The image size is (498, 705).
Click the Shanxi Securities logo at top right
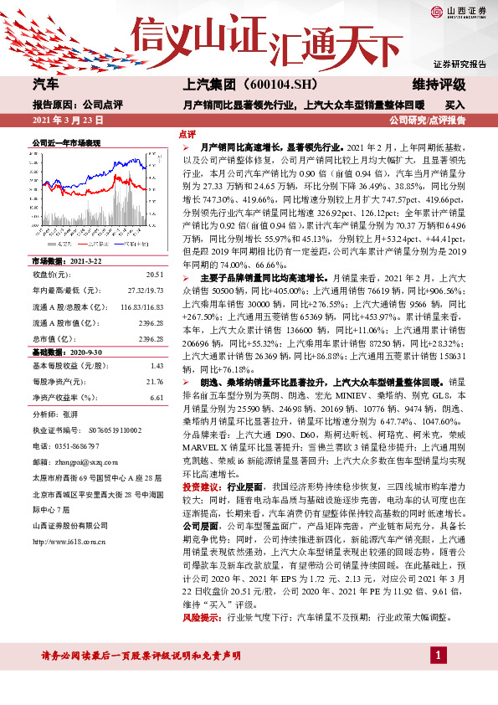click(x=454, y=12)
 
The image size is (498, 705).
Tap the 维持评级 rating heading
click(x=439, y=85)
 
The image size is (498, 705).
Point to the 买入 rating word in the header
click(x=454, y=105)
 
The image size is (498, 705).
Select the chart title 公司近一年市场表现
click(x=66, y=144)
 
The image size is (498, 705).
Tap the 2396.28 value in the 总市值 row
click(x=151, y=339)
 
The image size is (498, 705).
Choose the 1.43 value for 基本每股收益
click(x=156, y=366)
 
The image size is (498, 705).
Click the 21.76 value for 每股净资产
click(x=154, y=382)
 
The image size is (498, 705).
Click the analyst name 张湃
click(x=69, y=414)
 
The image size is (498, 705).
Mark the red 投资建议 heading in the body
click(x=195, y=486)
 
